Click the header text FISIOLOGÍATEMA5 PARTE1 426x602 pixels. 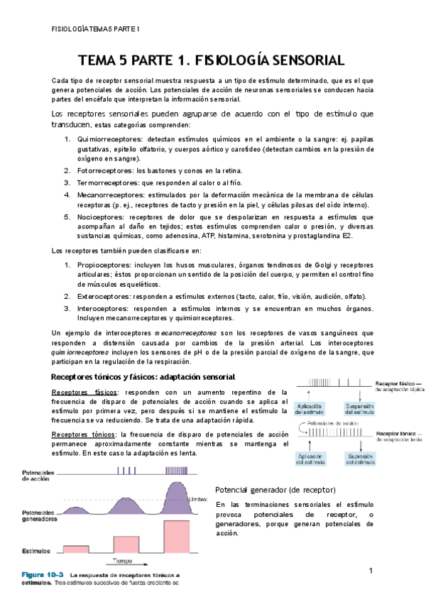97,29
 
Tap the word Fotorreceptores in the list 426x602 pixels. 104,170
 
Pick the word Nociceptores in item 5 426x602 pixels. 98,217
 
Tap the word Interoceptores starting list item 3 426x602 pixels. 102,309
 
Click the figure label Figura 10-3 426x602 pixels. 44,574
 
